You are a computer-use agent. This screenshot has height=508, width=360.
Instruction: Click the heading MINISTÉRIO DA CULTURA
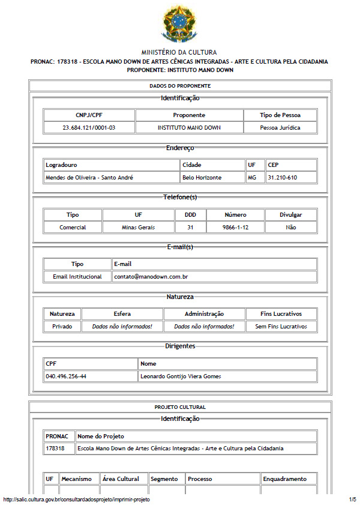[x=179, y=53]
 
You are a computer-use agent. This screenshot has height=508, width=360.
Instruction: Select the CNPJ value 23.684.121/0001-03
[x=89, y=127]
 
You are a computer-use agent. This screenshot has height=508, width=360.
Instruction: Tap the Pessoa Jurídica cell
[x=280, y=127]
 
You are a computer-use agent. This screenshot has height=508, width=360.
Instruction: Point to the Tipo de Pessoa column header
[x=280, y=115]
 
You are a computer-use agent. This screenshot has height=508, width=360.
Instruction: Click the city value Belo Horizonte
[x=202, y=177]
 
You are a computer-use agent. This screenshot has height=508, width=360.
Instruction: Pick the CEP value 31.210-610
[x=283, y=177]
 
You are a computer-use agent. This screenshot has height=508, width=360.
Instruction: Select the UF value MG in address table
[x=252, y=177]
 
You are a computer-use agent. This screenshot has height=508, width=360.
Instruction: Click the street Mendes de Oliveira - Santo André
[x=89, y=177]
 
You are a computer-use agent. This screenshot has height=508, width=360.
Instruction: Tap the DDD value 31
[x=190, y=227]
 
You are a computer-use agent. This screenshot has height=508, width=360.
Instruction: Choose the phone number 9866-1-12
[x=235, y=227]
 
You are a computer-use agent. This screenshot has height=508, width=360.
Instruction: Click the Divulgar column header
[x=291, y=214]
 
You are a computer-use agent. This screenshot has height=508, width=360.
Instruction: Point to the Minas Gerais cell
[x=138, y=227]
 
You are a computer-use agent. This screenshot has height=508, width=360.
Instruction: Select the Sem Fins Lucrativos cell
[x=281, y=326]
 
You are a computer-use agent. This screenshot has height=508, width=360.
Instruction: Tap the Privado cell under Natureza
[x=62, y=326]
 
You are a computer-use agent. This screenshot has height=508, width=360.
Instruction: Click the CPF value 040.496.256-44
[x=66, y=376]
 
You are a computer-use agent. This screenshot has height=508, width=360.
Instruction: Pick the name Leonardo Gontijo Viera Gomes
[x=181, y=376]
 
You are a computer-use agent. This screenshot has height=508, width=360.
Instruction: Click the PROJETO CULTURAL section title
[x=180, y=407]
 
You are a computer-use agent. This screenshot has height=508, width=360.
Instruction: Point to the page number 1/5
[x=352, y=500]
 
